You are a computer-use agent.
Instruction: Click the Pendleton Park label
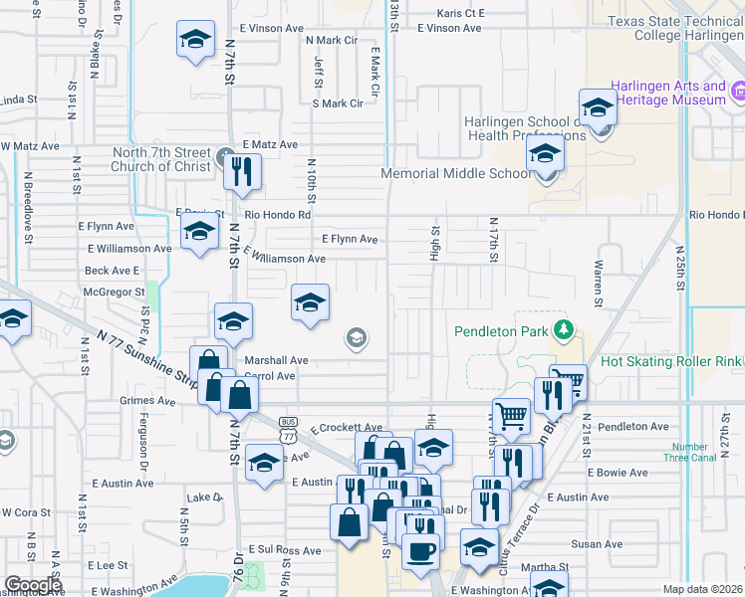502,330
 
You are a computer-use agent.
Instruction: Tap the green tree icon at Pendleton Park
565,329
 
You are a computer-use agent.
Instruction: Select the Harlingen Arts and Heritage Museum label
658,94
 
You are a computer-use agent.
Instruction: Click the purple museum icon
738,94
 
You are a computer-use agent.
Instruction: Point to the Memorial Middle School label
457,173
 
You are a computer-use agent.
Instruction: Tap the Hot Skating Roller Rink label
671,362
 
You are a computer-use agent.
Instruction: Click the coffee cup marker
420,549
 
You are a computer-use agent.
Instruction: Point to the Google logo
33,585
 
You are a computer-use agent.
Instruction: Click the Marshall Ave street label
278,360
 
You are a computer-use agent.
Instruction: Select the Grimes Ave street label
147,402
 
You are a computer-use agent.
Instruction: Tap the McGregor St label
115,292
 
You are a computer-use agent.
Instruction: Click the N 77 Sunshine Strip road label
142,353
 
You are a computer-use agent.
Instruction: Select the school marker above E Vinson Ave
195,42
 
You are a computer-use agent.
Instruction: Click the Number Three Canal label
689,453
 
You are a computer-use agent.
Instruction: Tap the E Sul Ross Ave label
285,549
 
